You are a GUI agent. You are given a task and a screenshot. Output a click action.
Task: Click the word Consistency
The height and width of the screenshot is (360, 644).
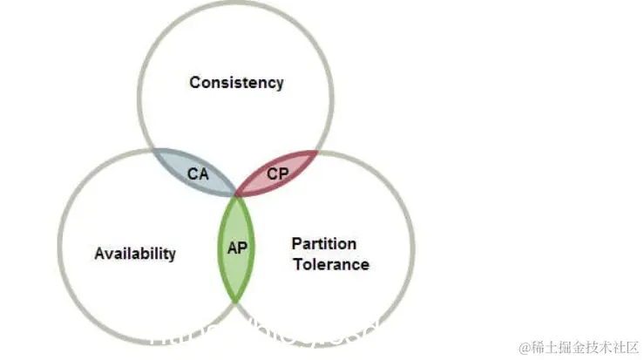pos(236,83)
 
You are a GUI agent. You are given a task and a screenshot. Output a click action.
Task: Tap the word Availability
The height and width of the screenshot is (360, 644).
pos(134,254)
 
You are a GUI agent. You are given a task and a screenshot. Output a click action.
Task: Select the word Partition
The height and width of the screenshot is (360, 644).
pos(323,243)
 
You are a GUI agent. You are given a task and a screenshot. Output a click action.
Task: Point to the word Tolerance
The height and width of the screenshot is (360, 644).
pos(330,263)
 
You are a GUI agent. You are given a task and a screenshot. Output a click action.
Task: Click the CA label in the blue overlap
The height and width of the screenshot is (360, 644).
pos(199,173)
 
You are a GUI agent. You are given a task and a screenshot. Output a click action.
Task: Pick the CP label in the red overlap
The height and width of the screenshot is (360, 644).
pos(278,173)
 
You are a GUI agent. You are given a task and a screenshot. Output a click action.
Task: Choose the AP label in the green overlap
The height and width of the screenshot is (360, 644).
pos(237,248)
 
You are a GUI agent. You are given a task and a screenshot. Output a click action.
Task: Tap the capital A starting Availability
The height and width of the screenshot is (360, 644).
pos(99,254)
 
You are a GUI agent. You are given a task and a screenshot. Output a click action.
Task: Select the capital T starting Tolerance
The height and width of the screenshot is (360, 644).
pos(296,263)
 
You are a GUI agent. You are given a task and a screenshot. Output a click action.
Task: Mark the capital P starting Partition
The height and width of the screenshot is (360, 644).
pos(296,243)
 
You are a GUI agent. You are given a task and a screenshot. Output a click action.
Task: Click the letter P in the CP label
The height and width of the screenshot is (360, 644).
pos(283,173)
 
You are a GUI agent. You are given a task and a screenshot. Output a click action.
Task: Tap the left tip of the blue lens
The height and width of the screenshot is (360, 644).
pos(153,150)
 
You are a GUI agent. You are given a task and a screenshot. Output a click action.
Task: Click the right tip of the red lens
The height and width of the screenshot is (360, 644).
pos(319,151)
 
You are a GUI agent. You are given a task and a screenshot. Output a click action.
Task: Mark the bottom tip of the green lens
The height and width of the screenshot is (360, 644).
pos(236,302)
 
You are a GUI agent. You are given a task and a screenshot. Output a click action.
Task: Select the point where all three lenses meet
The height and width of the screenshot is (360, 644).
pos(236,196)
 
